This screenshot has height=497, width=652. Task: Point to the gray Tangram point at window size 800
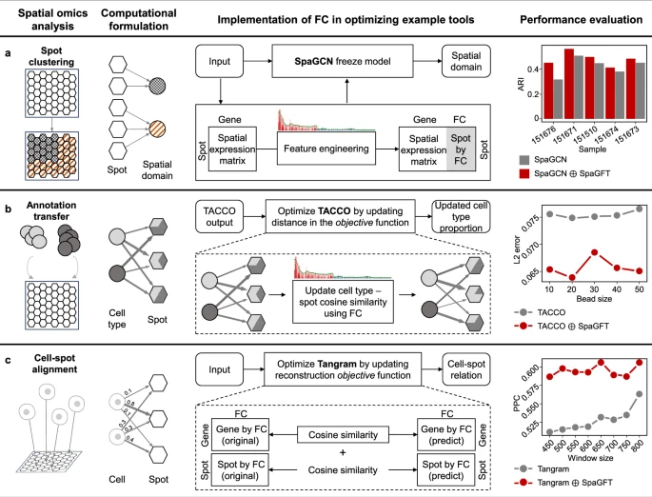(640, 394)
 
